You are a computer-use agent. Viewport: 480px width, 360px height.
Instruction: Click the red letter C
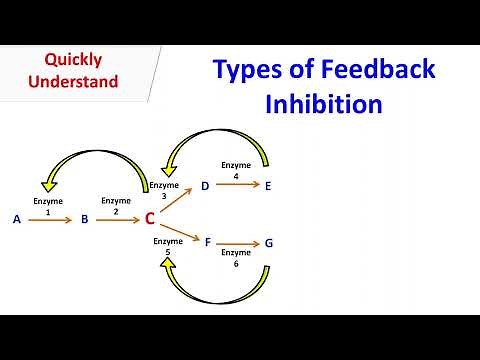[149, 218]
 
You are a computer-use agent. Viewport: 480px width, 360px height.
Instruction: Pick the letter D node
[205, 185]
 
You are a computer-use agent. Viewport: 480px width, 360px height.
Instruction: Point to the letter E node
[269, 185]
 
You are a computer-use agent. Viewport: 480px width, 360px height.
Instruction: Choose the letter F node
[207, 242]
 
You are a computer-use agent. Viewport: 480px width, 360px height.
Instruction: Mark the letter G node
[269, 243]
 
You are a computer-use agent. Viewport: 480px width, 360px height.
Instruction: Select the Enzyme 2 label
[116, 206]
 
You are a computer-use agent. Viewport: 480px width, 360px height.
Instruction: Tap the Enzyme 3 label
[165, 190]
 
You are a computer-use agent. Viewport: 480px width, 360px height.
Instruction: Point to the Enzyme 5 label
[168, 246]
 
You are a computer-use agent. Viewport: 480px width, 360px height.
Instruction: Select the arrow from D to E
[237, 186]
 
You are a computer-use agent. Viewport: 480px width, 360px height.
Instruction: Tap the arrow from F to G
[237, 243]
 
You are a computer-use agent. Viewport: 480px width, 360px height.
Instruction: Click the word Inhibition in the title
[324, 103]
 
